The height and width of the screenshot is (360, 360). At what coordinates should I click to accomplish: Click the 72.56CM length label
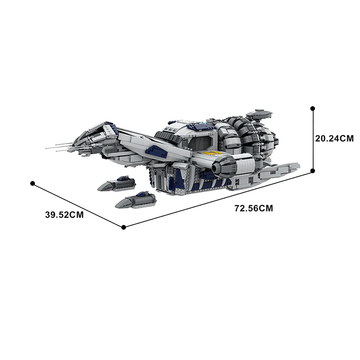254,208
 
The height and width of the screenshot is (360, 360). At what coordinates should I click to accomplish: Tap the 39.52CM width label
65,215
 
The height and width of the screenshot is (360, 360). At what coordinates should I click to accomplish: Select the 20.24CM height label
334,139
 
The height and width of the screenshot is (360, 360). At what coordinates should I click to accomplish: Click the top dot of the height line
313,108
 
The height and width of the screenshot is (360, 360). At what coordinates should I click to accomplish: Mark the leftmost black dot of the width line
32,183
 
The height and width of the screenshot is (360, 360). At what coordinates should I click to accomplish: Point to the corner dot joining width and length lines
124,227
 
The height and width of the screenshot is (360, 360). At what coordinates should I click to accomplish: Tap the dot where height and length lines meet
313,171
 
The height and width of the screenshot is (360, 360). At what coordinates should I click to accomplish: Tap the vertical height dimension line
313,139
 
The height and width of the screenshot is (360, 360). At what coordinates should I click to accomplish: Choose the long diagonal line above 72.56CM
218,199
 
